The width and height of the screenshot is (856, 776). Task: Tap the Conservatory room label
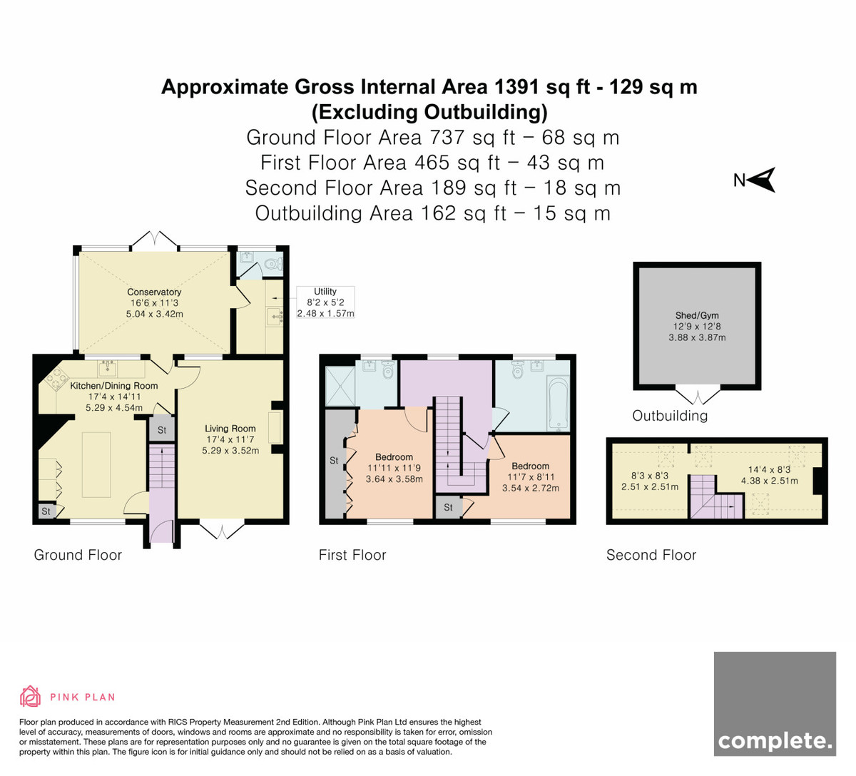coord(154,292)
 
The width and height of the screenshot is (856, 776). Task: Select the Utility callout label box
coord(325,302)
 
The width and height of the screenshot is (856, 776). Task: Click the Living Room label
coord(230,429)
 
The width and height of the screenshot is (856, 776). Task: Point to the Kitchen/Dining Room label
coord(114,386)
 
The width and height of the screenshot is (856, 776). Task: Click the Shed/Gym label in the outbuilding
coord(697,315)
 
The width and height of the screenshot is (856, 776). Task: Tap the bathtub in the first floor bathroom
coord(558,404)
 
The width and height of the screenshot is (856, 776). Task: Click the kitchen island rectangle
coord(96,464)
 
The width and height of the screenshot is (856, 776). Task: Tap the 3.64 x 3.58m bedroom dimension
coord(394,479)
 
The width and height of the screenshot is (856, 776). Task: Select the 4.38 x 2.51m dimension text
coord(770,481)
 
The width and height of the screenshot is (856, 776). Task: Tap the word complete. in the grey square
coord(775,741)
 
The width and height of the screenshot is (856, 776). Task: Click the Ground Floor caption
coord(78,555)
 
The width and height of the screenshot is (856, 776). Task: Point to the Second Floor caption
coord(651,555)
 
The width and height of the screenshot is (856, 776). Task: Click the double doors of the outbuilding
coord(698,396)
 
